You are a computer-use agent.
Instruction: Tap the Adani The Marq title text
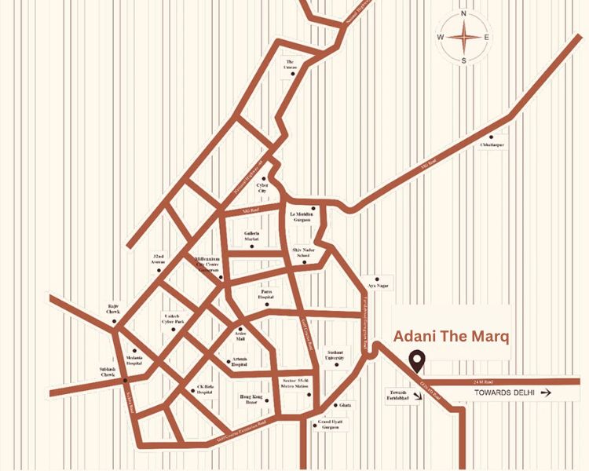[x=451, y=337]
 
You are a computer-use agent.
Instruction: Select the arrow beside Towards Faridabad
[x=419, y=396]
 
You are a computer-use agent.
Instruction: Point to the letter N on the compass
[x=464, y=13]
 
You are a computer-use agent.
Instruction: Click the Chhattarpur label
[x=492, y=144]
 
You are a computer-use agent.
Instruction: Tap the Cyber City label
[x=263, y=188]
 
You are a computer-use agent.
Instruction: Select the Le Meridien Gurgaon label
[x=302, y=217]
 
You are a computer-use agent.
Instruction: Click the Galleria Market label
[x=251, y=237]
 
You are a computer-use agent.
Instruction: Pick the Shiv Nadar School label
[x=302, y=254]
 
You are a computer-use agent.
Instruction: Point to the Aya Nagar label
[x=379, y=287]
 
